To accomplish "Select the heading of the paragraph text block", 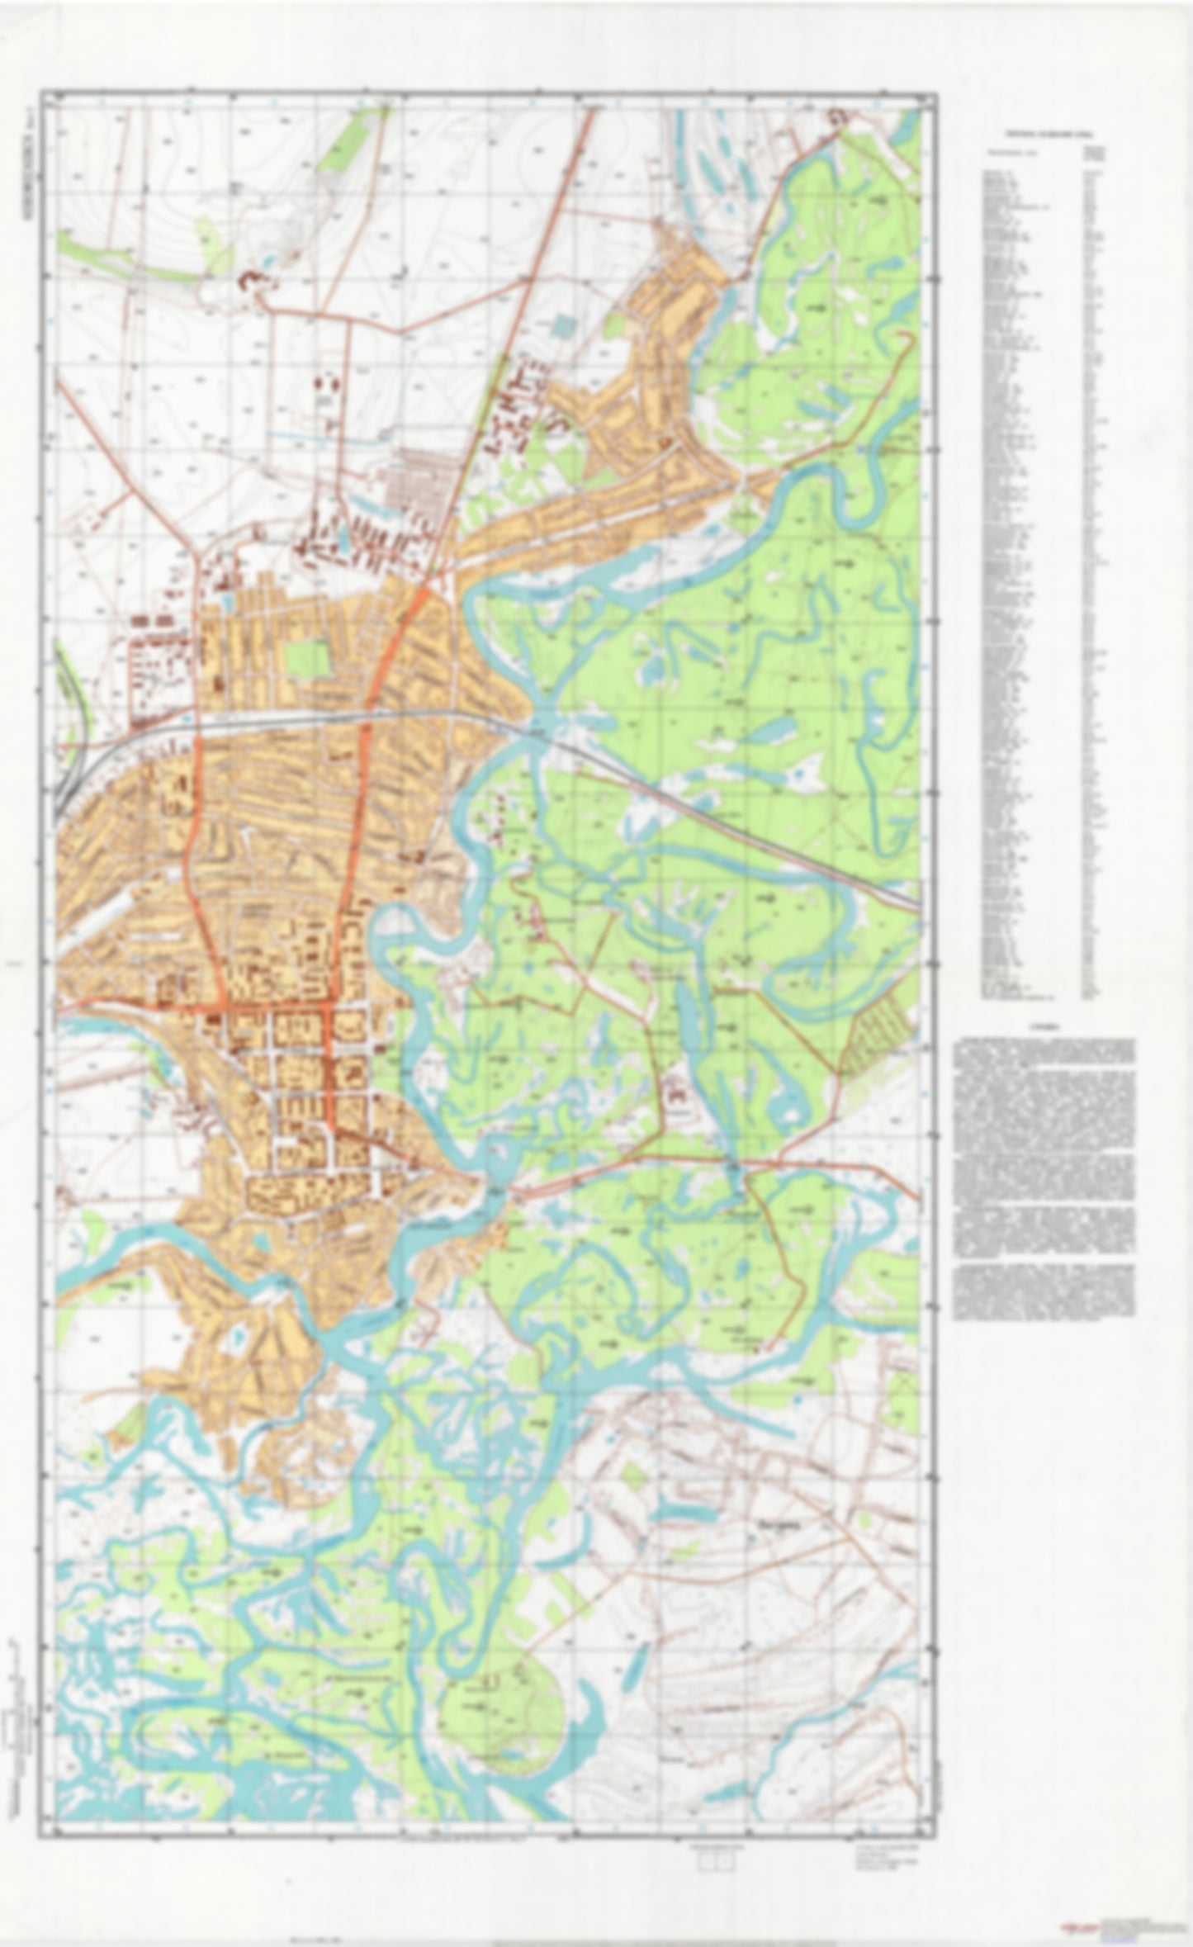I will tap(1044, 1029).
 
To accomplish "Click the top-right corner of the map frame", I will tap(937, 93).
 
